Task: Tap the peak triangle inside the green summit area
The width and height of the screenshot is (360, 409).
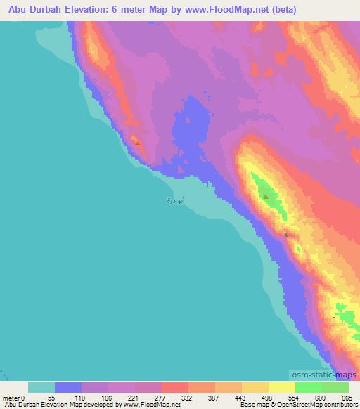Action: tap(266, 197)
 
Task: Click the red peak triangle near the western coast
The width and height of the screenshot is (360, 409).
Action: tap(138, 143)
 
